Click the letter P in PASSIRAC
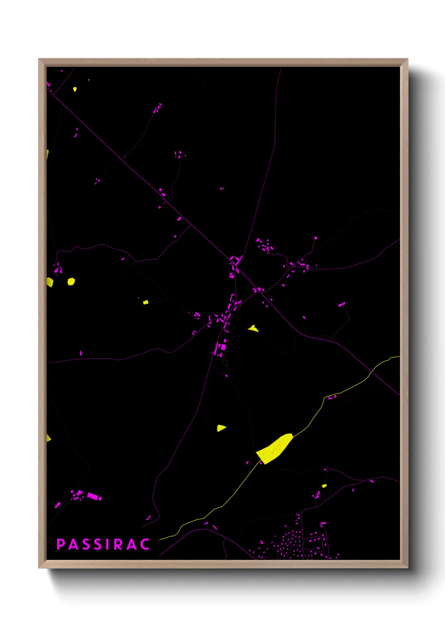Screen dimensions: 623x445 [x=61, y=544]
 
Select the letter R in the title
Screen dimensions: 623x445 [x=118, y=544]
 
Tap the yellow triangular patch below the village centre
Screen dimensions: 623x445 [x=221, y=428]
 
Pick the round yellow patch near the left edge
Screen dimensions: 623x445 [x=71, y=281]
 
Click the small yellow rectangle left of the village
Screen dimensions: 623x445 [x=146, y=302]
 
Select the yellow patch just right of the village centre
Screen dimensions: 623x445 [x=253, y=328]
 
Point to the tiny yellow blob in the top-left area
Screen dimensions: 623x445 [x=75, y=89]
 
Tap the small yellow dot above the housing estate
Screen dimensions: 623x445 [x=324, y=486]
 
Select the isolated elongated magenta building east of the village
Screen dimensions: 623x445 [x=342, y=304]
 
